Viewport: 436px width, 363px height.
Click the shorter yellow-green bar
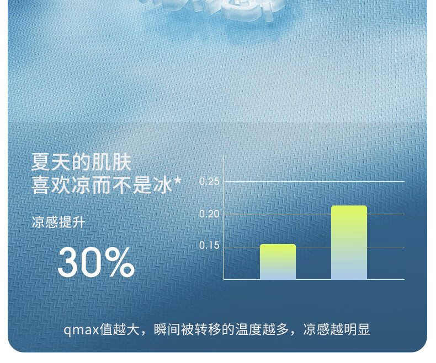(x=278, y=262)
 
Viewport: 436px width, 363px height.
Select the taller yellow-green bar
(x=349, y=242)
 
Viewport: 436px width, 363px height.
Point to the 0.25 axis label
(x=209, y=182)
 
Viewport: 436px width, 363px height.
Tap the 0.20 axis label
(x=209, y=214)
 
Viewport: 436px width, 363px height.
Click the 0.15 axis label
(x=209, y=245)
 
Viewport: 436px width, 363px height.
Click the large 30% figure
(x=96, y=262)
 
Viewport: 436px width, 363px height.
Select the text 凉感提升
(x=58, y=222)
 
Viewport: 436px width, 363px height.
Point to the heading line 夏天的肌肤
(x=81, y=162)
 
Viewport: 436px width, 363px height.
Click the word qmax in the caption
(x=82, y=331)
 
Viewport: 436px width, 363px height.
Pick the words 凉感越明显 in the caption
(x=337, y=329)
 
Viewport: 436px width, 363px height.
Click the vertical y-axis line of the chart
(x=224, y=217)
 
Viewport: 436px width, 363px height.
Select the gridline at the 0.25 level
(x=314, y=182)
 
